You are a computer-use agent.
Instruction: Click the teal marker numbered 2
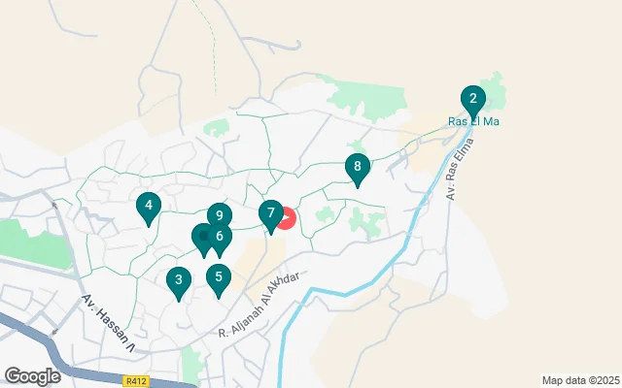click(x=472, y=99)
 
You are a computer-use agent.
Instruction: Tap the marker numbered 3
click(x=178, y=282)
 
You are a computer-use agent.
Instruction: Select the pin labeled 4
click(x=148, y=206)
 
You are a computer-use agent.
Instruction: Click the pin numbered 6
click(x=221, y=237)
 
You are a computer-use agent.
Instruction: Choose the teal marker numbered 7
click(x=271, y=213)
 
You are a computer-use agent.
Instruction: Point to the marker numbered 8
click(x=358, y=168)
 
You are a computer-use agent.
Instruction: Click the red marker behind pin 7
click(x=287, y=218)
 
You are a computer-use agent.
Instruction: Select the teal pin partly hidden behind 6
click(x=202, y=236)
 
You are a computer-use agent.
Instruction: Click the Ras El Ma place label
click(x=472, y=121)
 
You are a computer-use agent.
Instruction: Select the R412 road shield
click(x=136, y=381)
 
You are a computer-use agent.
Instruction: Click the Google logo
click(x=32, y=375)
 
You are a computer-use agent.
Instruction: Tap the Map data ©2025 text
click(x=579, y=380)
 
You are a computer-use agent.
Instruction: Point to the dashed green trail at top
click(x=208, y=39)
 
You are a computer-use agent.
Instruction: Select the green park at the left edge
click(x=29, y=242)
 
